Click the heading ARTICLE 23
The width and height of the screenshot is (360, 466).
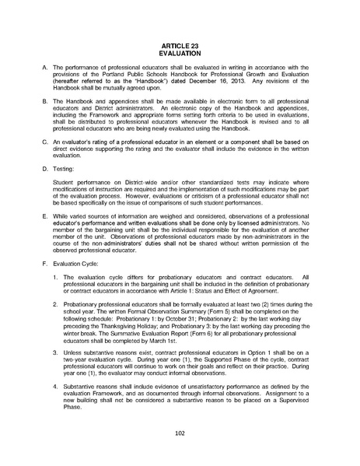pos(180,46)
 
